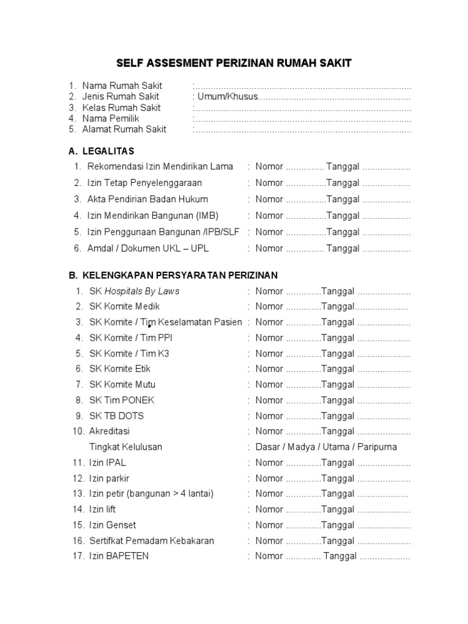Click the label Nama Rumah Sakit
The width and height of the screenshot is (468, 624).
coord(122,86)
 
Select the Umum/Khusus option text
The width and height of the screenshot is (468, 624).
coord(227,97)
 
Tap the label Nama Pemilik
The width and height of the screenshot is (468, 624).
coord(111,118)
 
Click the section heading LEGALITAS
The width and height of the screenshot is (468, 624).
coord(108,151)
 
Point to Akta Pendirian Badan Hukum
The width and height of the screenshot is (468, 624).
coord(147,199)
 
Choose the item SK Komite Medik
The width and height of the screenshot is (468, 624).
coord(124,307)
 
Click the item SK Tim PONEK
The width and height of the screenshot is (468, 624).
coord(122,400)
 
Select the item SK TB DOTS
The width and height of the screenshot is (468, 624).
coord(116,416)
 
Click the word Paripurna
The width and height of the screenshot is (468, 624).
coord(378,447)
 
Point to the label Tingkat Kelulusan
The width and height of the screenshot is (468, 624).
coord(126,447)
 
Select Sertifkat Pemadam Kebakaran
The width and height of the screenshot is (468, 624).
coord(151,541)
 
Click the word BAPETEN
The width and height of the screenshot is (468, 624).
coord(127,556)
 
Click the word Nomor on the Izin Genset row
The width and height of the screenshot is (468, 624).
coord(269,525)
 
